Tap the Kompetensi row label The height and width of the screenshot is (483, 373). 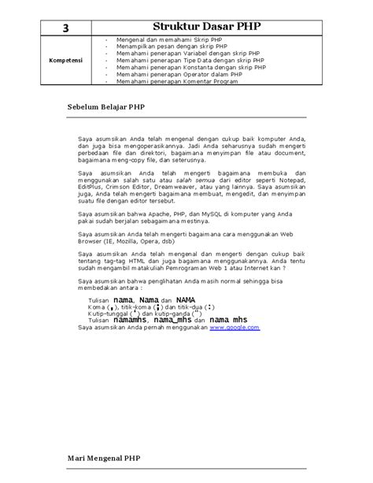[x=68, y=59]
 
